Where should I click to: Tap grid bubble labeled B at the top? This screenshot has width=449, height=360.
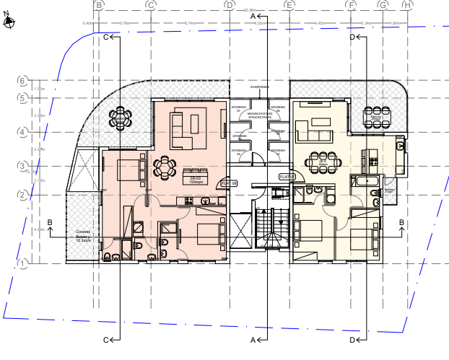coord(100,5)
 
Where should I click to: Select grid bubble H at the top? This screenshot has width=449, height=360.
coord(407,5)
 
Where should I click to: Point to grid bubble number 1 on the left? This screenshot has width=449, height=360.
coord(22,264)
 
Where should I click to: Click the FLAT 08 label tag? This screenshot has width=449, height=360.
coord(229,184)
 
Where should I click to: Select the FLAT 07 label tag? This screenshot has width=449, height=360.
coord(287,176)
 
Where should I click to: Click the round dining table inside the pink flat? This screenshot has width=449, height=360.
coord(165,167)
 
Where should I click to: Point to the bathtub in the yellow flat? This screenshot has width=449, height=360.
coord(362,180)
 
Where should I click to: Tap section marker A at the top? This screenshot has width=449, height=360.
coord(253,15)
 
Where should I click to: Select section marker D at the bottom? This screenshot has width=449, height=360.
coord(353,339)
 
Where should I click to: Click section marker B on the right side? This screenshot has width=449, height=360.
coord(401,222)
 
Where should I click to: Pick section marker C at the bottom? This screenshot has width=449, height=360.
coord(107,339)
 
